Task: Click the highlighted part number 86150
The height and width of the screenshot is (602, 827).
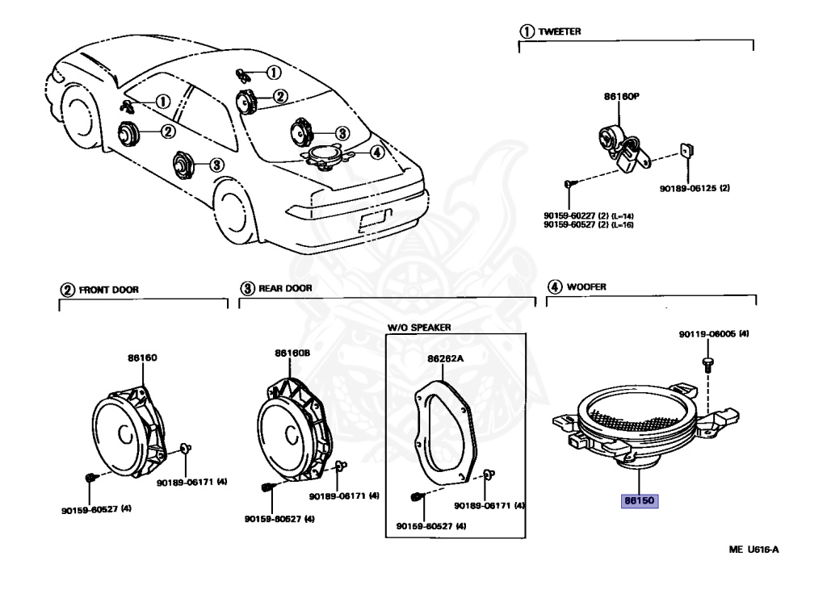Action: [x=640, y=500]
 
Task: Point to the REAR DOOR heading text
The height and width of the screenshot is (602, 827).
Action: [x=284, y=288]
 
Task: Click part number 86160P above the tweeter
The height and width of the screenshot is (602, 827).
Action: [x=621, y=96]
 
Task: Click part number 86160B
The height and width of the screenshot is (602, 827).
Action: [x=292, y=353]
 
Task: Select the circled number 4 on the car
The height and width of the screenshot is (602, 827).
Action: [x=375, y=152]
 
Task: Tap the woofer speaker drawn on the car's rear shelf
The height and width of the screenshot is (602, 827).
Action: [x=327, y=156]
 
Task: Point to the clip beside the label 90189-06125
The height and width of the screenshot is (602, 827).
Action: [x=687, y=150]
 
